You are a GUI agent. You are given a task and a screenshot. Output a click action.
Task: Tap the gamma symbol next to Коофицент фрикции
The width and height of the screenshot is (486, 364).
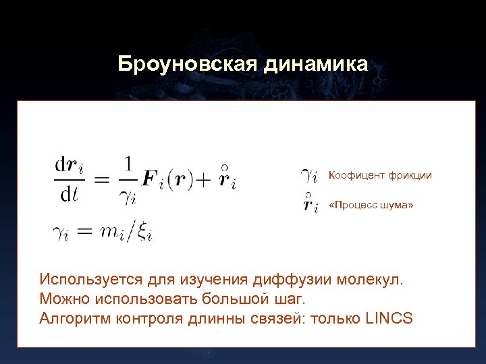tap(308, 176)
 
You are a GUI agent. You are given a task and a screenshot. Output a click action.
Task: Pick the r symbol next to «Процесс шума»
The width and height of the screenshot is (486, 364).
tap(310, 204)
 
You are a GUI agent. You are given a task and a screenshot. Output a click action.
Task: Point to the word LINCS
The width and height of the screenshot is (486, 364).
tap(388, 318)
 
